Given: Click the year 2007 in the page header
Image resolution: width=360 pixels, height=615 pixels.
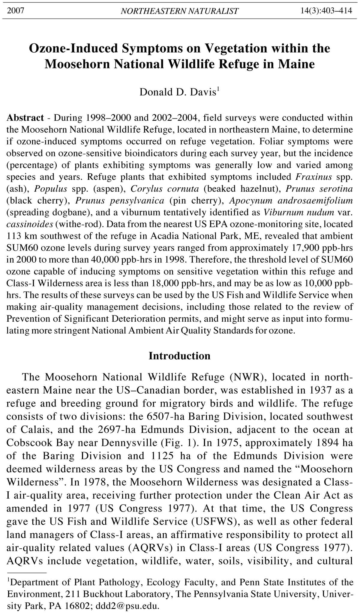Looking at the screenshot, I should [15, 11].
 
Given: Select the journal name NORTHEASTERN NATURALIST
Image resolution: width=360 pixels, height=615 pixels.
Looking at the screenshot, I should [179, 11].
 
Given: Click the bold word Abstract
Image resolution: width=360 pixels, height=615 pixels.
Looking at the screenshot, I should [25, 117].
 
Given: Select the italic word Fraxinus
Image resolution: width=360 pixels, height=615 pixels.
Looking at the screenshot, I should [313, 176].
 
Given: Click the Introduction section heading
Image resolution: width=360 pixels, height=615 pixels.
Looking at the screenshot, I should [179, 356].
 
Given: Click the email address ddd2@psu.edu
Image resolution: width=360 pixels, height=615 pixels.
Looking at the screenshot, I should [127, 606].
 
